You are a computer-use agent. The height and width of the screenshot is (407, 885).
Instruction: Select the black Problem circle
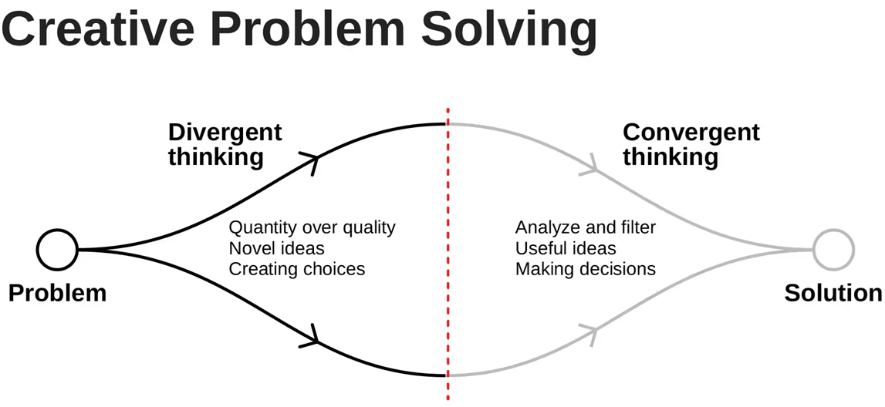tap(58, 250)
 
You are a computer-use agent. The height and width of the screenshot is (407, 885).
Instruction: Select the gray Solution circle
tap(833, 250)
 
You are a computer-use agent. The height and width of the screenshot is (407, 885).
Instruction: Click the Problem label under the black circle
tap(57, 293)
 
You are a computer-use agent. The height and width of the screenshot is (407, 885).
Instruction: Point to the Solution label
tap(833, 293)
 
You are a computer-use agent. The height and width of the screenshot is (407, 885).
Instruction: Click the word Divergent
tap(225, 132)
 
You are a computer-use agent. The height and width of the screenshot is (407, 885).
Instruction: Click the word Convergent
tap(691, 132)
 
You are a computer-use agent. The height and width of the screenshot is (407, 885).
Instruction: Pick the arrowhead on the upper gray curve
tap(592, 164)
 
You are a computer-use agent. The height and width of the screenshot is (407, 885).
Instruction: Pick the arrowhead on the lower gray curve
tap(592, 334)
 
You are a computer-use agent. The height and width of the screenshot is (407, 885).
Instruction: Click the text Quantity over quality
tap(312, 228)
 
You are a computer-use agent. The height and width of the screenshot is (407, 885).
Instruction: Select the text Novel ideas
tap(276, 248)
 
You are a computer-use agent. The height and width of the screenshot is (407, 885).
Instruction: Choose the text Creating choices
tap(296, 269)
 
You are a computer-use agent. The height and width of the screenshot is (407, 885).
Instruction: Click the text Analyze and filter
tap(585, 228)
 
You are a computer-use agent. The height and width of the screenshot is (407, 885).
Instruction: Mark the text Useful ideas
tap(566, 248)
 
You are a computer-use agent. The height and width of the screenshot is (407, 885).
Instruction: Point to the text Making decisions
tap(585, 269)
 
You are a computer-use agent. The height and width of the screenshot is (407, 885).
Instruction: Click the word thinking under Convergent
tap(670, 157)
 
